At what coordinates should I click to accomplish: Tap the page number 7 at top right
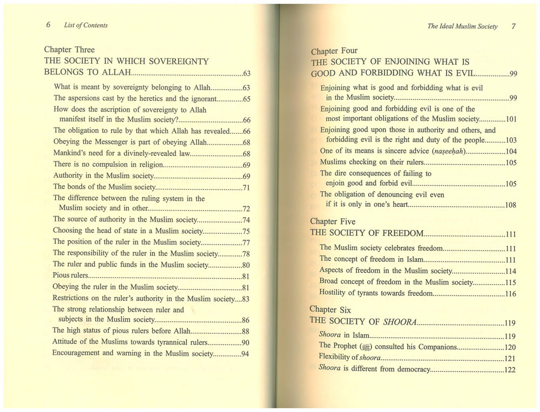point(514,26)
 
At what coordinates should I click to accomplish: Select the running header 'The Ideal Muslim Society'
point(462,26)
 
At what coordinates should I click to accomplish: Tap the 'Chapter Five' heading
point(333,221)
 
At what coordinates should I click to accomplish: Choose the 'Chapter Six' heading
point(330,310)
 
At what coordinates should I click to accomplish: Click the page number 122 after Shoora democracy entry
point(509,370)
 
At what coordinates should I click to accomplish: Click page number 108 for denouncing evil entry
point(510,205)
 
